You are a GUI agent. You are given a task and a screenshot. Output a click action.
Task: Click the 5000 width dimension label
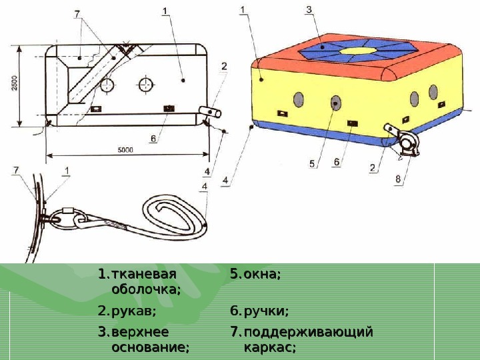[126, 150]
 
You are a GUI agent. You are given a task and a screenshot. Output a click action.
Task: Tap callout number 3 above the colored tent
[309, 9]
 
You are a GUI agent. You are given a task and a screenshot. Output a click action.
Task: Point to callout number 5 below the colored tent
[311, 162]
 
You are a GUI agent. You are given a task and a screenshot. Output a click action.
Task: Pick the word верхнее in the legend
[140, 331]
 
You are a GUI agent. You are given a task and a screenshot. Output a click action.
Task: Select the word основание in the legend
[150, 347]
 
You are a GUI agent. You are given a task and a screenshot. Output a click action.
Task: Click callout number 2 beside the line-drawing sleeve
[224, 66]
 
